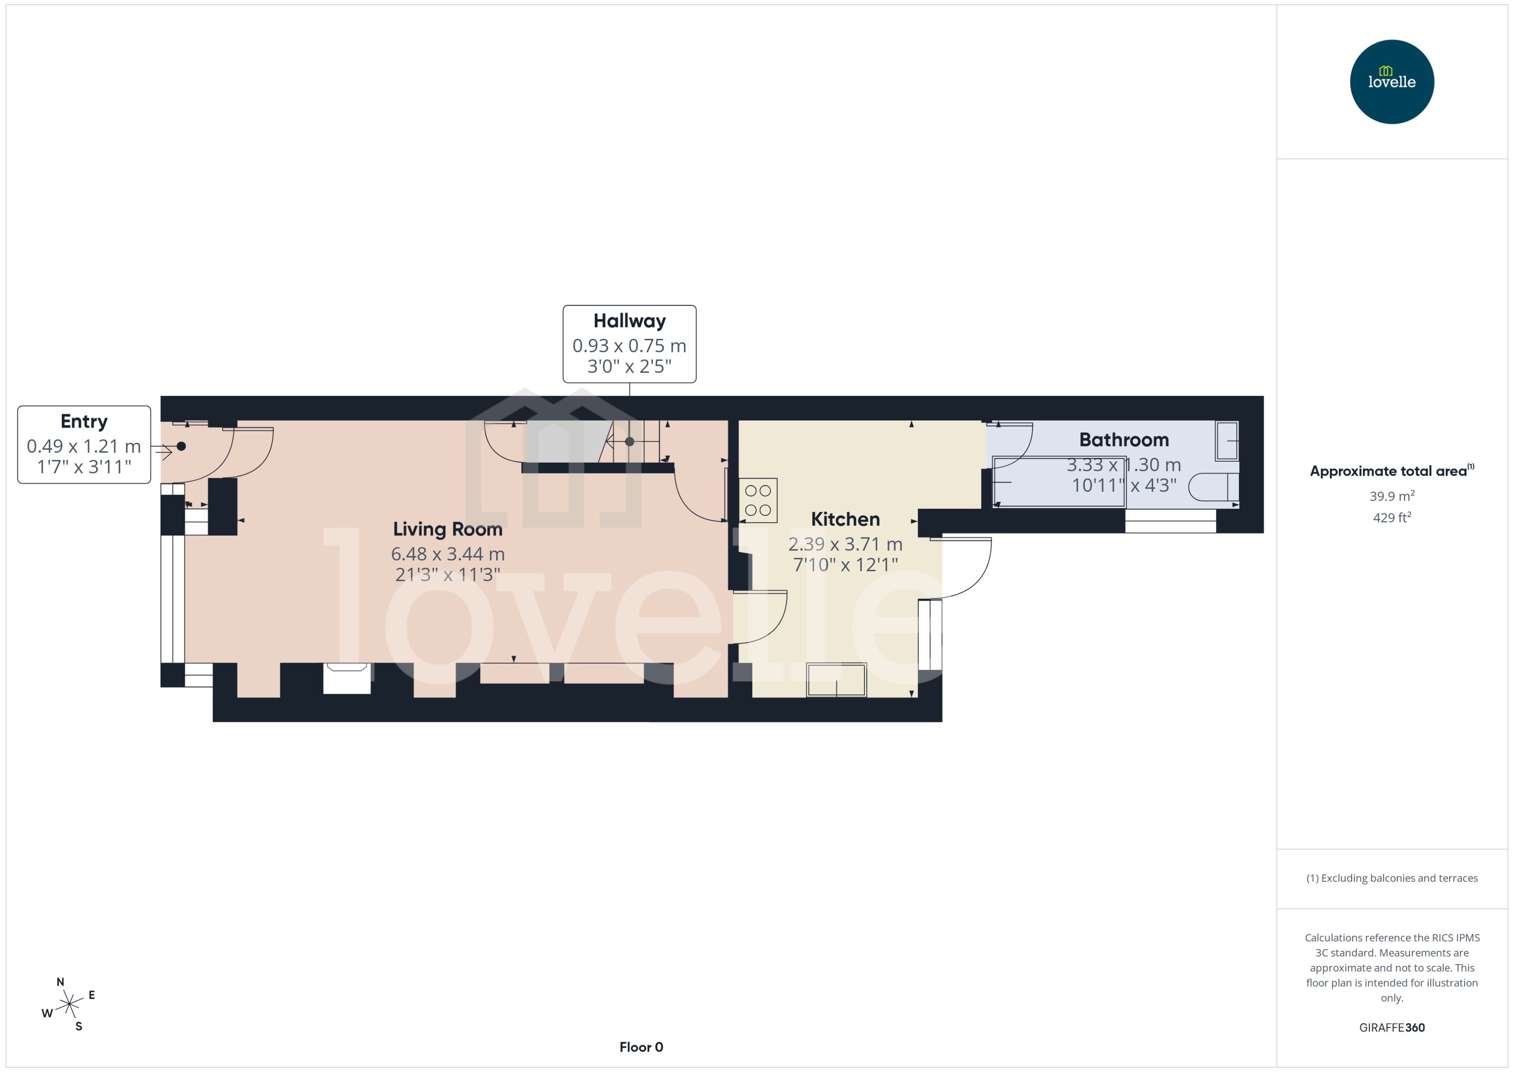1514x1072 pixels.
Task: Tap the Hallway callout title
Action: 629,321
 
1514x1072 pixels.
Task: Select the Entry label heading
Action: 84,421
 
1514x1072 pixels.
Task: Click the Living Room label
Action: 447,529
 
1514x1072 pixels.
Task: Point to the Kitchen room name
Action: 845,519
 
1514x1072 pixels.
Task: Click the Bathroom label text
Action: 1123,440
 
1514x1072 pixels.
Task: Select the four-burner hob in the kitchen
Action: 758,500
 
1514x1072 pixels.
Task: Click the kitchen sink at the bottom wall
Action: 836,680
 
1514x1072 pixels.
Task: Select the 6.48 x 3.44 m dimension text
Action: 447,554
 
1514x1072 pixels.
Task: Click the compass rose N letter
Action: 60,982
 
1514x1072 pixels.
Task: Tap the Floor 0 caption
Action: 641,1047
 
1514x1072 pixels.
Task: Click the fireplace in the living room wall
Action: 347,679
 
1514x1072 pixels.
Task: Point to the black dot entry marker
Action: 181,446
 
